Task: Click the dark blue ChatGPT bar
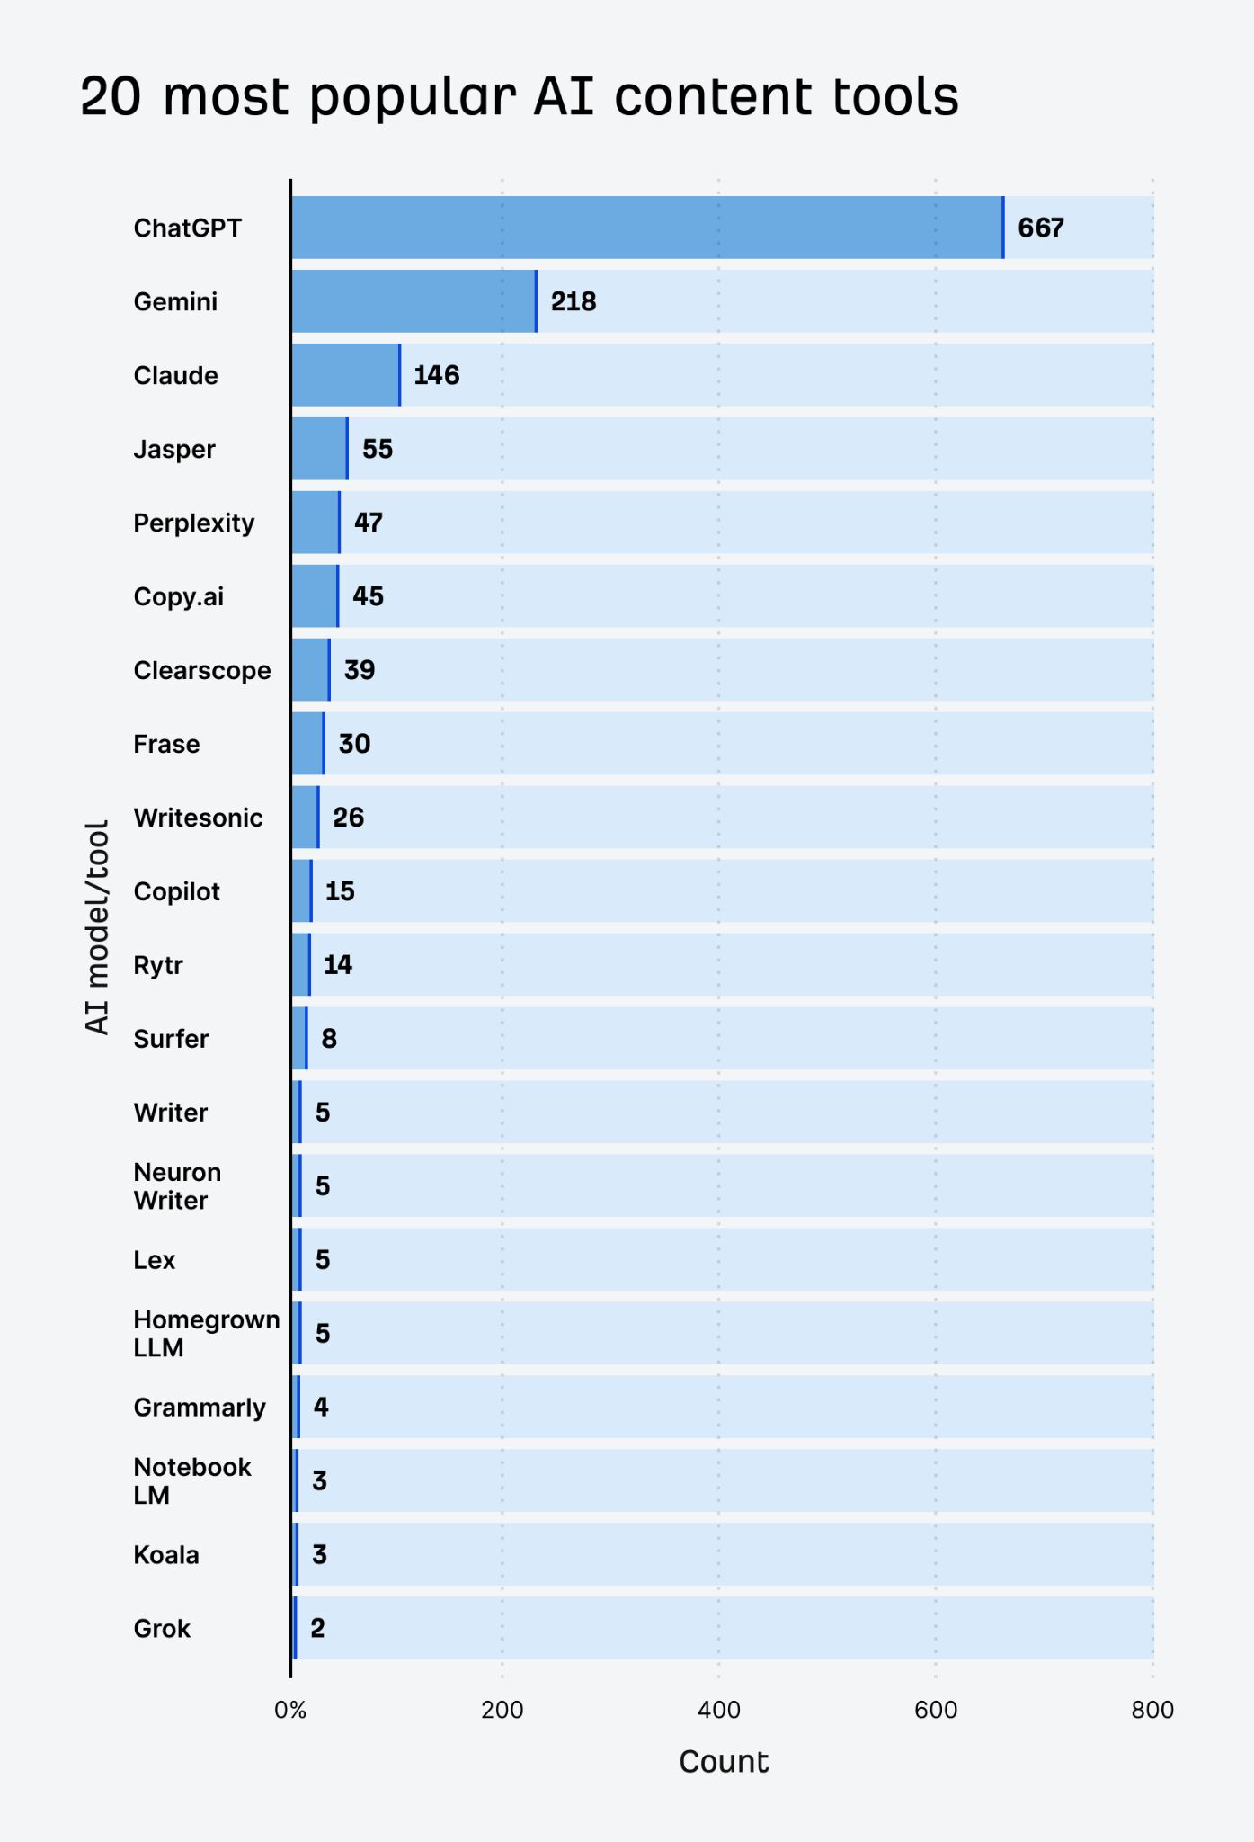coord(647,228)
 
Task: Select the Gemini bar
coord(414,301)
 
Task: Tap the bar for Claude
coord(345,375)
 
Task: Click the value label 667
coord(1041,228)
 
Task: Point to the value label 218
coord(574,301)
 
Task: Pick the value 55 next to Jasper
coord(378,449)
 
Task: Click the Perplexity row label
coord(194,523)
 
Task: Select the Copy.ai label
coord(179,596)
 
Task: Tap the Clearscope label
coord(202,670)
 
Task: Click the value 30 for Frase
coord(354,744)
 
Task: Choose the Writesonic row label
coord(199,818)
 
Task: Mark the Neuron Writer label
coord(177,1186)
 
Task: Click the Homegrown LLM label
coord(206,1334)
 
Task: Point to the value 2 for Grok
coord(317,1628)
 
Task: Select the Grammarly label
coord(200,1408)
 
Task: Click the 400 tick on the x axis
coord(719,1710)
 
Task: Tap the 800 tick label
coord(1152,1710)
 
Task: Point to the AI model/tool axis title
coord(97,926)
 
